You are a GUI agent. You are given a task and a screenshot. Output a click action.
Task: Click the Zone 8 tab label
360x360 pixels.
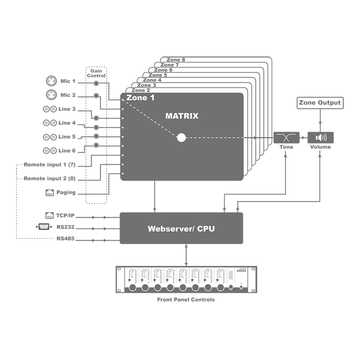click(x=176, y=60)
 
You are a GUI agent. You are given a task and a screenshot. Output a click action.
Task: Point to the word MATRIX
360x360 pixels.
click(x=182, y=116)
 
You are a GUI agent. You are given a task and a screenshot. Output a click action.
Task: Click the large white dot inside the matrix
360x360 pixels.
click(x=181, y=138)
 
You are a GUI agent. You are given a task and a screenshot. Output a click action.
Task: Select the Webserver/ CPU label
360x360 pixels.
click(x=181, y=229)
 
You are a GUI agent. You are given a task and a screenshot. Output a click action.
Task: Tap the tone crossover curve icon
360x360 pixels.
click(x=287, y=138)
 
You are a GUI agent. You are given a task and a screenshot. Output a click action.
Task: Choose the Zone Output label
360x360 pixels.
click(x=320, y=103)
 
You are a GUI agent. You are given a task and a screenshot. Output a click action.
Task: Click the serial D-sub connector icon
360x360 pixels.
click(x=44, y=226)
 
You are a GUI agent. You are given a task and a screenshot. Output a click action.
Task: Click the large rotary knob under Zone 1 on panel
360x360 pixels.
click(x=132, y=288)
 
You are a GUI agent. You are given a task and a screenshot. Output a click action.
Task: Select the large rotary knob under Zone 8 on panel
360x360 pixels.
click(x=220, y=288)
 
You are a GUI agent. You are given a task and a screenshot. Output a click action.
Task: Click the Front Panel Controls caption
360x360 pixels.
click(x=186, y=300)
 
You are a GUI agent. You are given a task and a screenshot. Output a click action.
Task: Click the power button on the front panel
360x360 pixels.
click(x=241, y=288)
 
